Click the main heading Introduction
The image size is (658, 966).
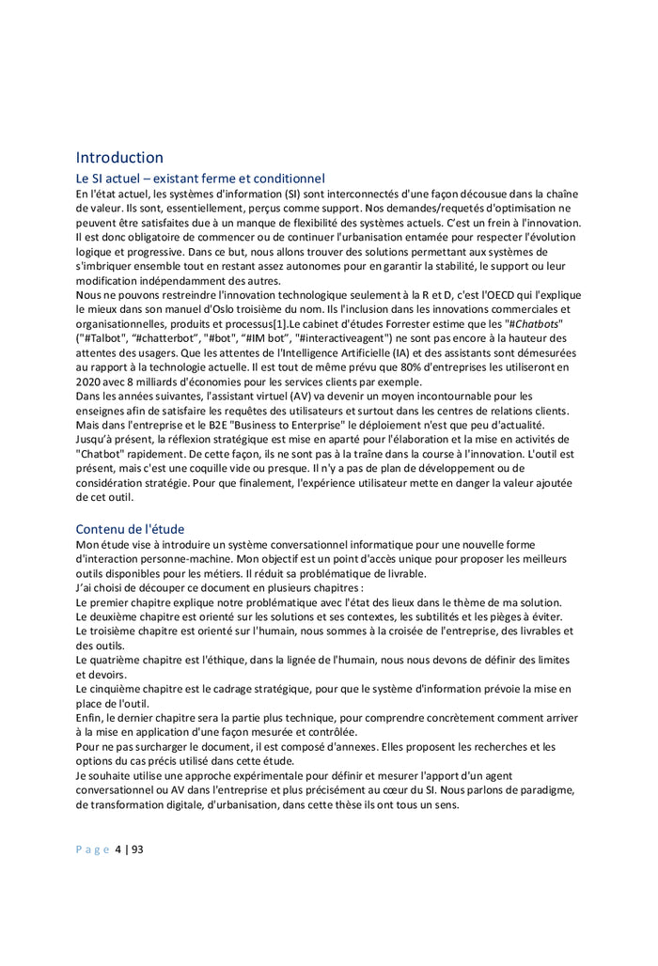119,157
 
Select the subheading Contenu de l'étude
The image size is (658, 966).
130,529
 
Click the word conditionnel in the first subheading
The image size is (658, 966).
283,178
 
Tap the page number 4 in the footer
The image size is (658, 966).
118,849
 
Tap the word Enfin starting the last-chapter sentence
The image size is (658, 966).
90,718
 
